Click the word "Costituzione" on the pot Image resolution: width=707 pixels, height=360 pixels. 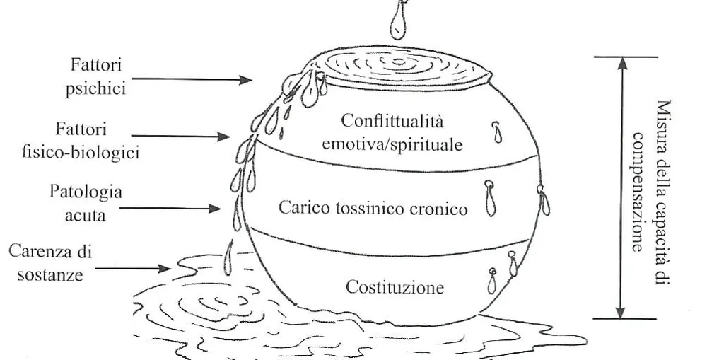tap(395, 288)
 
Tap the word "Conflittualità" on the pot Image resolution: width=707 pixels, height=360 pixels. tap(392, 121)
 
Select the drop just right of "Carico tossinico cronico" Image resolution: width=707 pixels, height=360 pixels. tap(490, 199)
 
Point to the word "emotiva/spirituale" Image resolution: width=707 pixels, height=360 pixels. tap(392, 145)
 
